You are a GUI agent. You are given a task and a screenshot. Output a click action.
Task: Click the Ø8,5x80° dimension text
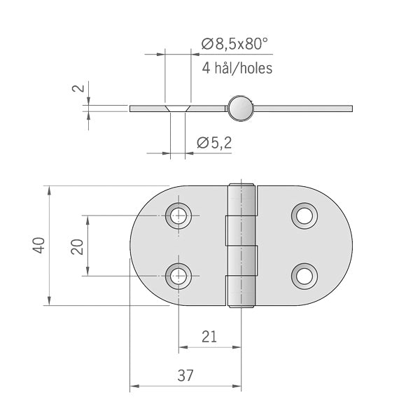point(234,44)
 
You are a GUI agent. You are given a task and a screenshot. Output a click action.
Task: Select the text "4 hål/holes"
point(237,68)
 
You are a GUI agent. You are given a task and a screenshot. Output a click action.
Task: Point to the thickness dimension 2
point(78,89)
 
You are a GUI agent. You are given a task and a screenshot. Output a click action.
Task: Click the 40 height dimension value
point(39,246)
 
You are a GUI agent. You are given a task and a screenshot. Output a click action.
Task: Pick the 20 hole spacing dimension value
point(78,246)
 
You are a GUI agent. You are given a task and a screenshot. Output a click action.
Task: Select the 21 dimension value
point(209,337)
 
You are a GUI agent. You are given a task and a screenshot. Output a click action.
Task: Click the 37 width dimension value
point(185,375)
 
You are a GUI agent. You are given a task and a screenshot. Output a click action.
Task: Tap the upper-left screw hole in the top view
point(179,215)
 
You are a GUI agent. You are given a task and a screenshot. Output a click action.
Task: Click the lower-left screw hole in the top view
point(179,276)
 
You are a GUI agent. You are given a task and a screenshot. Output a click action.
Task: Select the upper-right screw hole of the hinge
point(304,215)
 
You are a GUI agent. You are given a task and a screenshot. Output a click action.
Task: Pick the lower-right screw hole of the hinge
point(304,276)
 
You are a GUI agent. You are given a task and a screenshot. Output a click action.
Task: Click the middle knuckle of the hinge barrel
point(237,246)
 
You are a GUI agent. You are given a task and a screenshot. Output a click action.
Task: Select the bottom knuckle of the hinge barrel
point(241,290)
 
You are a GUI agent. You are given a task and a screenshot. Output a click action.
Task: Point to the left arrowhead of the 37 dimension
point(134,386)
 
